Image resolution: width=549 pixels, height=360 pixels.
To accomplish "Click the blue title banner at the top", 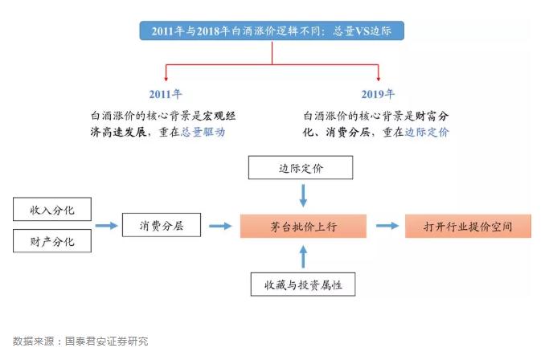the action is [x=272, y=31].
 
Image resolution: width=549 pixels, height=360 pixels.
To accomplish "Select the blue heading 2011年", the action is [x=166, y=94].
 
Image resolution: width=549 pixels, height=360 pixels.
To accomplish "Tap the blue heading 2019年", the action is [x=378, y=94].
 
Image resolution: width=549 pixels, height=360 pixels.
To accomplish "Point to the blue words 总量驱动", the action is [x=203, y=132].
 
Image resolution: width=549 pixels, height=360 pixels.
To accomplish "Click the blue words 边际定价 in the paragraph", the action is [x=427, y=132].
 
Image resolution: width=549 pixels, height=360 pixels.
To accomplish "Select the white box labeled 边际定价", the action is [x=301, y=168].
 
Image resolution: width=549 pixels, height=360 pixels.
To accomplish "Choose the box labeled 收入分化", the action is [x=52, y=210].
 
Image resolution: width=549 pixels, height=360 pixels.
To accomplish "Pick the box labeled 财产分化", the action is [x=52, y=241].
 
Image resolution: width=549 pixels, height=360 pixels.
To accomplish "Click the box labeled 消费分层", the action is [x=162, y=225].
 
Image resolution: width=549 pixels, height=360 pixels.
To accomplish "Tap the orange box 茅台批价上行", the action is [x=303, y=227].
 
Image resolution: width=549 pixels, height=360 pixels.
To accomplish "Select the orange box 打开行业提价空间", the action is [x=468, y=227].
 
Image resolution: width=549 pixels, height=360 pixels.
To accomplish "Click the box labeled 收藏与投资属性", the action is [x=303, y=284].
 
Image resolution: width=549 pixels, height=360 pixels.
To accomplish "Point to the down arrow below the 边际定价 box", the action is [x=303, y=195].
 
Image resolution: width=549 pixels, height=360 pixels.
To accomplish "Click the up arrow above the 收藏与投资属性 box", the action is [x=303, y=256].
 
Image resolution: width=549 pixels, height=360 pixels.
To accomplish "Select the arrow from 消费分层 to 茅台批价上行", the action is [x=220, y=226].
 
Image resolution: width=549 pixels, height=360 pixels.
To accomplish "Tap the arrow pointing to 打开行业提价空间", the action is [x=387, y=226].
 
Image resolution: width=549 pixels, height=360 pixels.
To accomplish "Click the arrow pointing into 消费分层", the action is [x=107, y=226].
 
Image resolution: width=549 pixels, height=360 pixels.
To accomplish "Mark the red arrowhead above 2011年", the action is [x=166, y=79].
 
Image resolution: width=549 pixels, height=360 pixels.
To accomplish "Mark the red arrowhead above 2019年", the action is [x=378, y=79].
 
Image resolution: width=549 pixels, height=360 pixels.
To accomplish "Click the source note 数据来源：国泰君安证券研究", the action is [x=80, y=341].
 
